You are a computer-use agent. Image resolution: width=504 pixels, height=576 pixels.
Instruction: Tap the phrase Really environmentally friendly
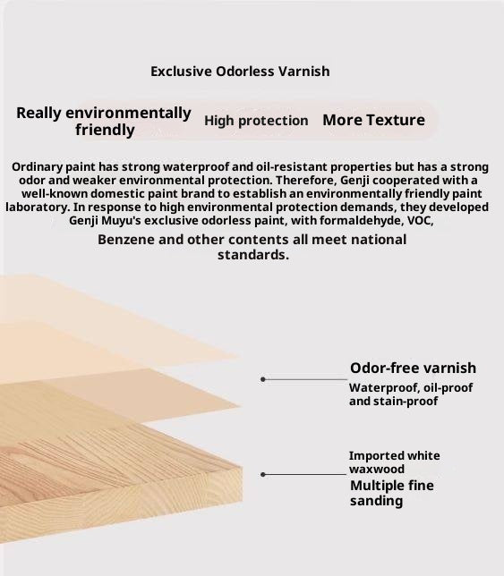tap(104, 122)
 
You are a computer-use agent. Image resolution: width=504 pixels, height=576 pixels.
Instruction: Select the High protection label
tap(256, 121)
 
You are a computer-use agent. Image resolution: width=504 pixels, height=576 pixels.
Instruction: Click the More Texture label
tap(373, 120)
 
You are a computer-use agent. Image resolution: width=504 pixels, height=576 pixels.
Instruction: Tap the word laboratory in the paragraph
tap(34, 207)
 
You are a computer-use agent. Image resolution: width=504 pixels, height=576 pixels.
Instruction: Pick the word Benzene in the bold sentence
tap(125, 240)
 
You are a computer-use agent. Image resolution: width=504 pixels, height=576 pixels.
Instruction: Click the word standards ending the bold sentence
tap(253, 255)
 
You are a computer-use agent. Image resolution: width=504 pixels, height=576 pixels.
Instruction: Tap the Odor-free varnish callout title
tap(413, 368)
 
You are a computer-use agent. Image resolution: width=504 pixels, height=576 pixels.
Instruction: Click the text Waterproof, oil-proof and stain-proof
tap(410, 394)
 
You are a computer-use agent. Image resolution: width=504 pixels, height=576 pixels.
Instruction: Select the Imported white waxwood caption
tap(394, 462)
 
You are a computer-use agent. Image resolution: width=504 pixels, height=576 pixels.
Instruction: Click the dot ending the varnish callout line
tap(262, 379)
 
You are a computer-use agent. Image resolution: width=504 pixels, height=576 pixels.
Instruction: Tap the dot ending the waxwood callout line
tap(263, 475)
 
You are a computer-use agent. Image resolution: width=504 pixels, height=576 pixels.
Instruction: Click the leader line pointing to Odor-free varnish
tap(304, 379)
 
